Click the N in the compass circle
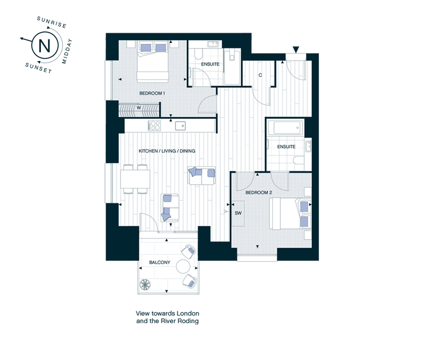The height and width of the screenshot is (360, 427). point(44,46)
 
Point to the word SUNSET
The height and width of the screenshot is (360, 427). point(38,68)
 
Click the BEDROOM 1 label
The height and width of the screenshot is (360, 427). point(152,93)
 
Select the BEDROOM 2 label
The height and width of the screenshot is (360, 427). point(259,193)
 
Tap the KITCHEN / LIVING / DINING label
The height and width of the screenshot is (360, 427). point(167,151)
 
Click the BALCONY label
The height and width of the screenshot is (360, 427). point(160,262)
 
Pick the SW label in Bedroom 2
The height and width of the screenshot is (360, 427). point(238,213)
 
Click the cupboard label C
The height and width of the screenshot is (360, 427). point(260,75)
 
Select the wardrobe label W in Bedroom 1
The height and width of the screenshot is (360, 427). point(139,108)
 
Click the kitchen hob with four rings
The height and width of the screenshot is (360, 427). point(154,126)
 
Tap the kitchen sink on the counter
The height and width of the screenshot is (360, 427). point(180,126)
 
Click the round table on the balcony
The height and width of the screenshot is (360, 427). point(183,266)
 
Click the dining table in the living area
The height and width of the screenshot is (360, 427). point(136,179)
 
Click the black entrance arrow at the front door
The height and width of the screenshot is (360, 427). point(296,50)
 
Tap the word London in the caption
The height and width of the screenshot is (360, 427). point(188,313)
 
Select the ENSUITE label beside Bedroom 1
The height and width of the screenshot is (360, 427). point(210,64)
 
